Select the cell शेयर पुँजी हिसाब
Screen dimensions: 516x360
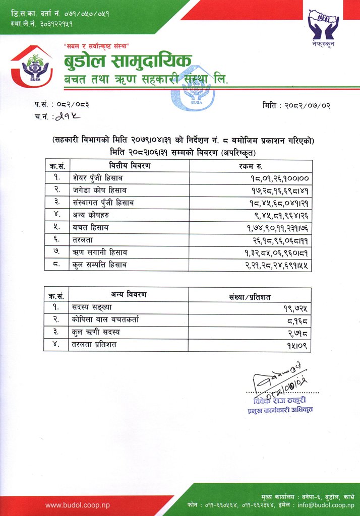click(x=98, y=178)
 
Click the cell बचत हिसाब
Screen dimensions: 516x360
click(x=91, y=227)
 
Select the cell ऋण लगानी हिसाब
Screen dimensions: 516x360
click(x=101, y=252)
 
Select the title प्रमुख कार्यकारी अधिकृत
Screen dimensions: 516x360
click(x=280, y=411)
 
